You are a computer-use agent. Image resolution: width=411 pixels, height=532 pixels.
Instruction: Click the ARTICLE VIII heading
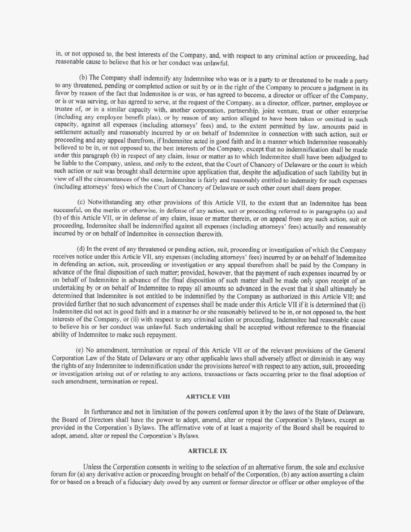(205, 396)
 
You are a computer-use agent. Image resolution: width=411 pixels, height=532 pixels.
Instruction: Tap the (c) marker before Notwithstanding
(82, 203)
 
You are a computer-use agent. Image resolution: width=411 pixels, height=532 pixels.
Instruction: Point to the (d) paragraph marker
(82, 249)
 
